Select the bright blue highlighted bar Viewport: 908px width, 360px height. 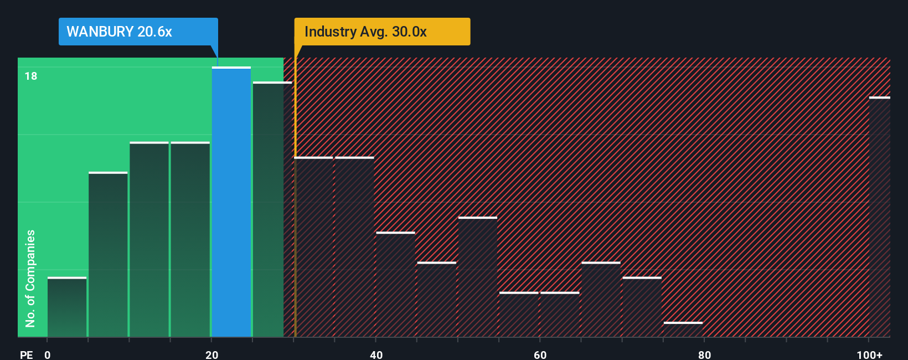point(231,202)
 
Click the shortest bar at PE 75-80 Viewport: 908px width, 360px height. point(683,329)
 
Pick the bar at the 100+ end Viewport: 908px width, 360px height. point(879,217)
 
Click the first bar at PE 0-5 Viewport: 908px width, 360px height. point(67,307)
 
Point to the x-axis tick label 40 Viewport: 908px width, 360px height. point(376,354)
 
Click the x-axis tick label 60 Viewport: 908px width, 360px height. point(540,354)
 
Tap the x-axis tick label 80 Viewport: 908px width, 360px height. point(704,354)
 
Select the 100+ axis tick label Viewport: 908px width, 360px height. point(869,354)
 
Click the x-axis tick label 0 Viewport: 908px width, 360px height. point(48,354)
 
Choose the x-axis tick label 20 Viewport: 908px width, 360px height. point(211,354)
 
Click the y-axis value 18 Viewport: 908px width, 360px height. point(31,76)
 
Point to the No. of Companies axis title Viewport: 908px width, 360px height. point(30,278)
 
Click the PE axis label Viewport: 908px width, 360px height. point(26,354)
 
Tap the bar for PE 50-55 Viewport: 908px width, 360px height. point(478,277)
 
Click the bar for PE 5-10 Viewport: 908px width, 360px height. point(108,255)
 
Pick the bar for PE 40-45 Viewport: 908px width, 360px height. point(396,284)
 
